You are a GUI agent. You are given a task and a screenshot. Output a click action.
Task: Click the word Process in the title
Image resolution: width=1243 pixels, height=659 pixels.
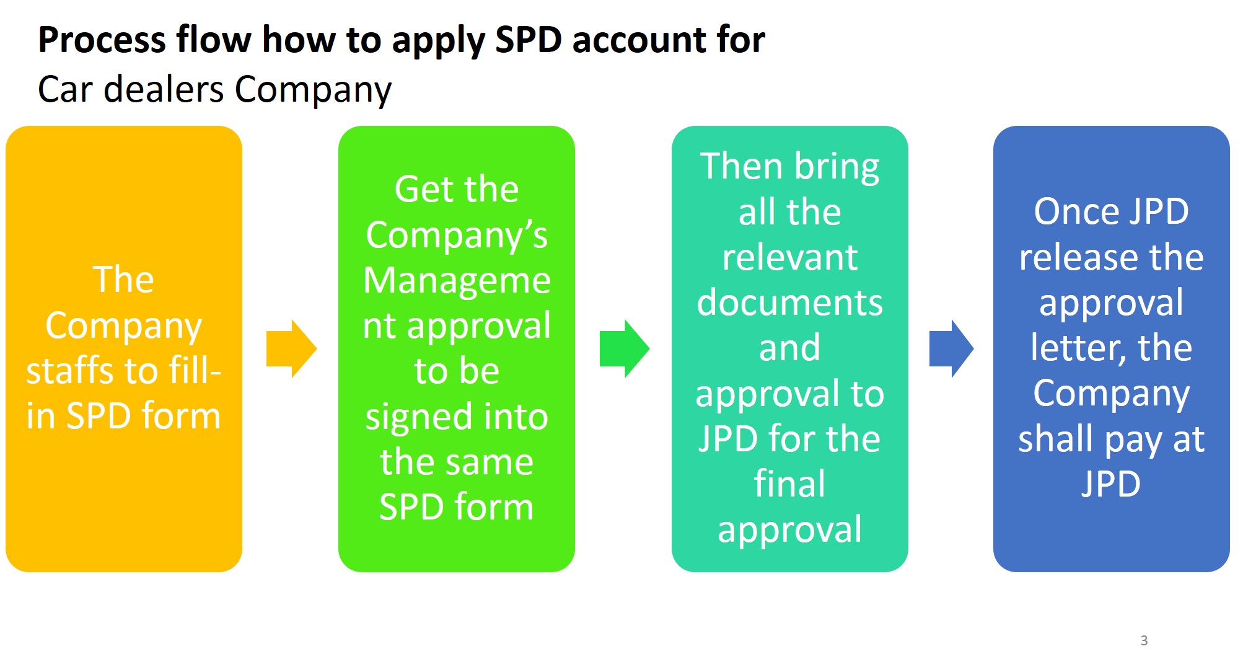102,40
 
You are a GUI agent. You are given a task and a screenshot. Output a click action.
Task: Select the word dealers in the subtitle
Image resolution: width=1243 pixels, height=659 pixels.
164,89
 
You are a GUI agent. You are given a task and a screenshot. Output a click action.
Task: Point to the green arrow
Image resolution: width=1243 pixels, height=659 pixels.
624,349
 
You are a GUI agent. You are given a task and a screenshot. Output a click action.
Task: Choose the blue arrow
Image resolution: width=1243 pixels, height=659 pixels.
951,349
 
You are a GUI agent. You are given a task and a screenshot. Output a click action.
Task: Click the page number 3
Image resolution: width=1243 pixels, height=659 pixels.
1144,640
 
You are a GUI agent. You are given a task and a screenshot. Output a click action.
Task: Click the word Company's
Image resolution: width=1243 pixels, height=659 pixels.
457,236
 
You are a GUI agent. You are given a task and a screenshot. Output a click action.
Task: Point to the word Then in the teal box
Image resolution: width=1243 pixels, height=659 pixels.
740,167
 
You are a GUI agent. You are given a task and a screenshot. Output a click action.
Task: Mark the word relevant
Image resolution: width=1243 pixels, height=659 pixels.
789,257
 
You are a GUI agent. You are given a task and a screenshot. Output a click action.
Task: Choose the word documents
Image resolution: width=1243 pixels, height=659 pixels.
789,303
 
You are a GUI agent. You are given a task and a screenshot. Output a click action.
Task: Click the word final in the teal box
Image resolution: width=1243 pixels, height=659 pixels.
789,484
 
